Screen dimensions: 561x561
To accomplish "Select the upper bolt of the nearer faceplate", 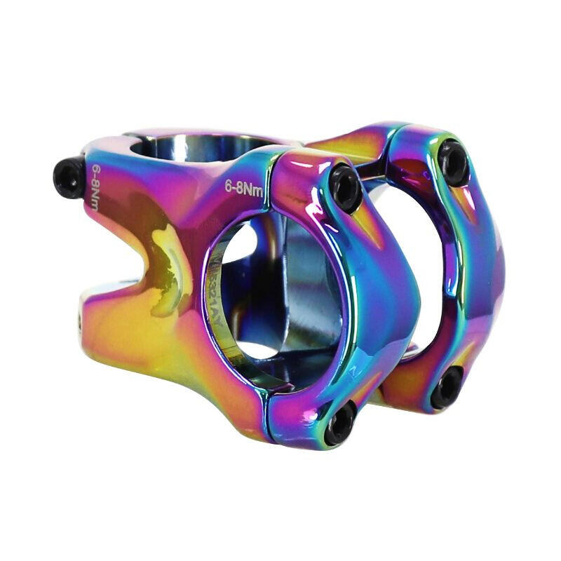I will pos(345,186).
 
